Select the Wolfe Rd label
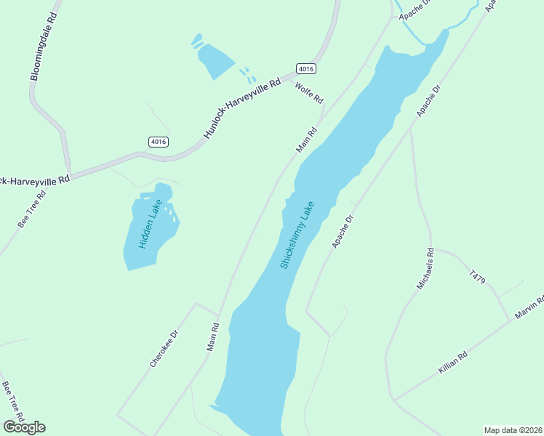coord(309,92)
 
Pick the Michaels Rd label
coord(425,269)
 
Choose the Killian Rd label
coord(452,361)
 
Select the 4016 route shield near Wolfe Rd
coord(306,68)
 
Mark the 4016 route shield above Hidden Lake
coord(158,141)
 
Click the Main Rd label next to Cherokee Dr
coord(212,337)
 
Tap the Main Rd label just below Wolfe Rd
coord(307,140)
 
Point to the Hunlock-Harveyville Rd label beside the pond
coord(241,110)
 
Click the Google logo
coord(24,427)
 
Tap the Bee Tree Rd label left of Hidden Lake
coord(31,210)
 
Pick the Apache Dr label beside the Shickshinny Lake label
coord(342,232)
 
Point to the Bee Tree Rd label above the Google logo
coord(13,401)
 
